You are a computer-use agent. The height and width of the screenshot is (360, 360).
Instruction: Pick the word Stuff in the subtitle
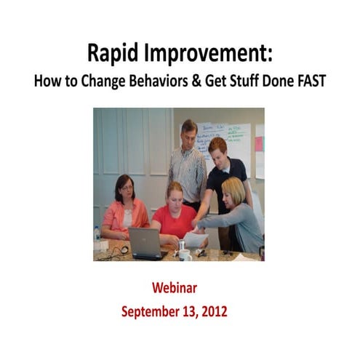255,80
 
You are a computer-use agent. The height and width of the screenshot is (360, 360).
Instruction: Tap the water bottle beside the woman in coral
97,235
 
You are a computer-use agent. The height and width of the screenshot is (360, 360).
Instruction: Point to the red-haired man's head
217,149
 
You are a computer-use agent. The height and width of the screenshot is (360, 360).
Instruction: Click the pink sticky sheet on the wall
259,143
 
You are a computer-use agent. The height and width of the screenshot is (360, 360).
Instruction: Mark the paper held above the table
196,238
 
